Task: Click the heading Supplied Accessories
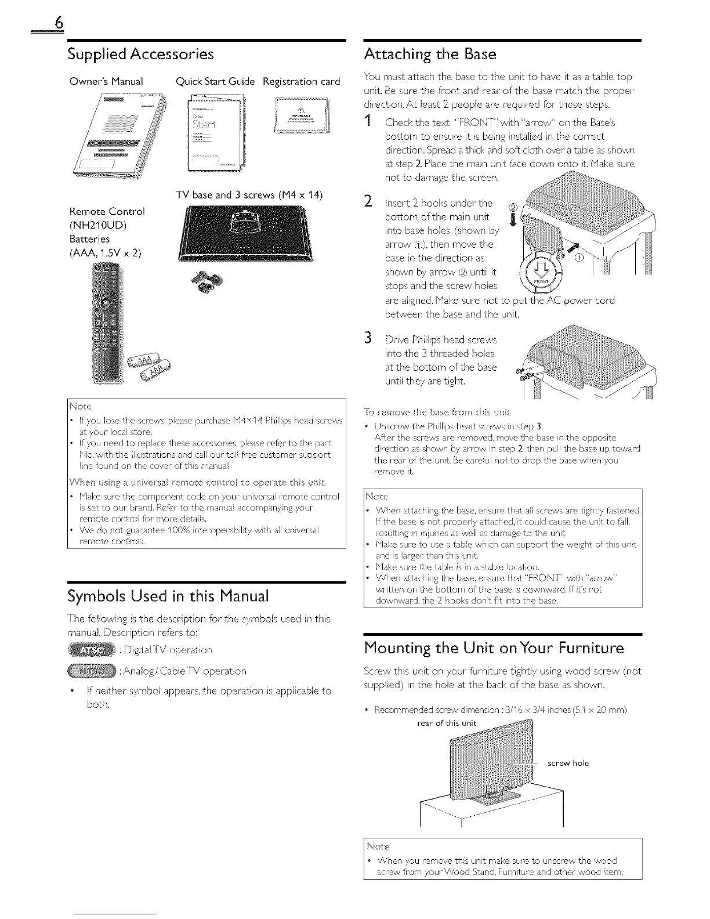tap(141, 55)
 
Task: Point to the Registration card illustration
tap(301, 117)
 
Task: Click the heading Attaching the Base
tap(430, 55)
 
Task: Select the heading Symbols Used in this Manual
tap(168, 596)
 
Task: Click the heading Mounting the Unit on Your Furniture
tap(494, 647)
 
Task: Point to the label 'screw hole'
tap(568, 763)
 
